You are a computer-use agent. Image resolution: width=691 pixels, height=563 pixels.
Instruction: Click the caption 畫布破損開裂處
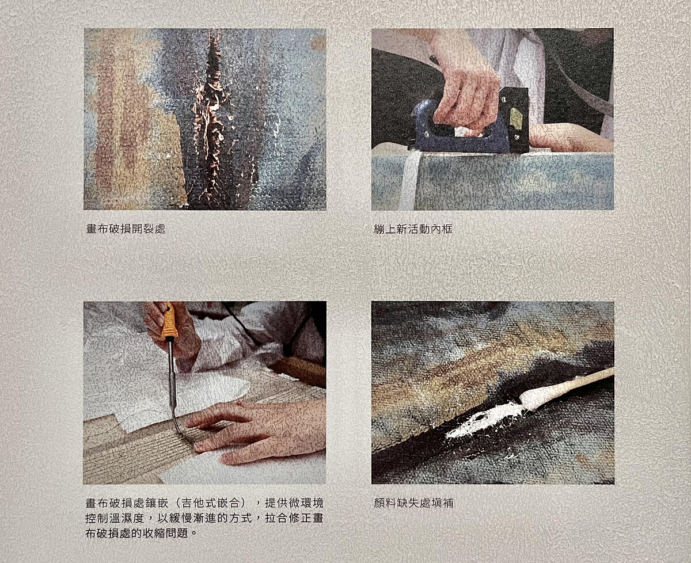click(126, 229)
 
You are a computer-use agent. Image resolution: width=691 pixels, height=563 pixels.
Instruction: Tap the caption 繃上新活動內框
click(413, 229)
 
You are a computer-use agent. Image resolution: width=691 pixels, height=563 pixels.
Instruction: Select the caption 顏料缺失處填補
click(413, 503)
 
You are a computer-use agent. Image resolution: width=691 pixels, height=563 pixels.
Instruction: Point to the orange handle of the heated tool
click(169, 321)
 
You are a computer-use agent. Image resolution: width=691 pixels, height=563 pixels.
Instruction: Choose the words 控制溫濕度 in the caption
click(115, 518)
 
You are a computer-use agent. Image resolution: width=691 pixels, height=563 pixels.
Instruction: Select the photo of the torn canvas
click(205, 119)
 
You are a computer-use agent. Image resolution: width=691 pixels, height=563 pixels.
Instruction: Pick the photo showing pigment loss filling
click(493, 393)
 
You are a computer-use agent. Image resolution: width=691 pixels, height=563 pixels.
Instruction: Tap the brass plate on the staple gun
click(515, 117)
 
